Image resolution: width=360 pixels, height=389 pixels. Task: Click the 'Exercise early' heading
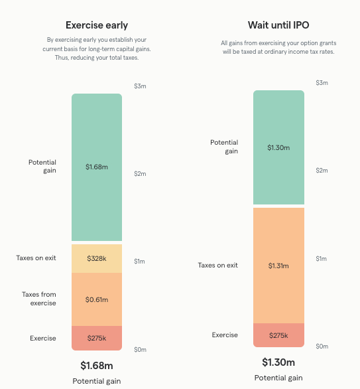(x=97, y=25)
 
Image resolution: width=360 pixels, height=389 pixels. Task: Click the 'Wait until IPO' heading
(x=278, y=25)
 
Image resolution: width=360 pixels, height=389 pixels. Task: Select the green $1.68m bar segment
(x=97, y=167)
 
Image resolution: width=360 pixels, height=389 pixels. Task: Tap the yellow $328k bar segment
(x=97, y=258)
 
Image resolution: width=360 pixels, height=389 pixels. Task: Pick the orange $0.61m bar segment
(x=97, y=299)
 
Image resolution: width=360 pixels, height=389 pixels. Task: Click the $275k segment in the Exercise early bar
(x=97, y=338)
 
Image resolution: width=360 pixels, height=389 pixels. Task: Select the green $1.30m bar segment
(x=278, y=147)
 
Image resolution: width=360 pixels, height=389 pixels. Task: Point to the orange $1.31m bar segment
(x=278, y=265)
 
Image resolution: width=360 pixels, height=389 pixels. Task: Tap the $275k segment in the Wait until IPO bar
(x=278, y=335)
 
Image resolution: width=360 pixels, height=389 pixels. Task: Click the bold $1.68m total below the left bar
(x=97, y=365)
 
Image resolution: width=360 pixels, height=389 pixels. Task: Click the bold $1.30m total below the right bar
(x=278, y=362)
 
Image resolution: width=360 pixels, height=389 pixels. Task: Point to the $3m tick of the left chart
(x=139, y=86)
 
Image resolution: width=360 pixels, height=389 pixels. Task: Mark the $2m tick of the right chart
(x=321, y=171)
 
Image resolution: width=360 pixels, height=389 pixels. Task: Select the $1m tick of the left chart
(x=139, y=262)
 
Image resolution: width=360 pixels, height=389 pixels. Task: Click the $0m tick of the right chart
(x=321, y=346)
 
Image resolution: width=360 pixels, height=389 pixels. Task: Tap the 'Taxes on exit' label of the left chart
(x=36, y=258)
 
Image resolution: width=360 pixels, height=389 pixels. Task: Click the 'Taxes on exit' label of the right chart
(x=217, y=265)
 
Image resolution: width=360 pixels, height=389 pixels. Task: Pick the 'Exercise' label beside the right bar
(x=225, y=335)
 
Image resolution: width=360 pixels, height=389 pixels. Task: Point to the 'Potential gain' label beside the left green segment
(x=42, y=166)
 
